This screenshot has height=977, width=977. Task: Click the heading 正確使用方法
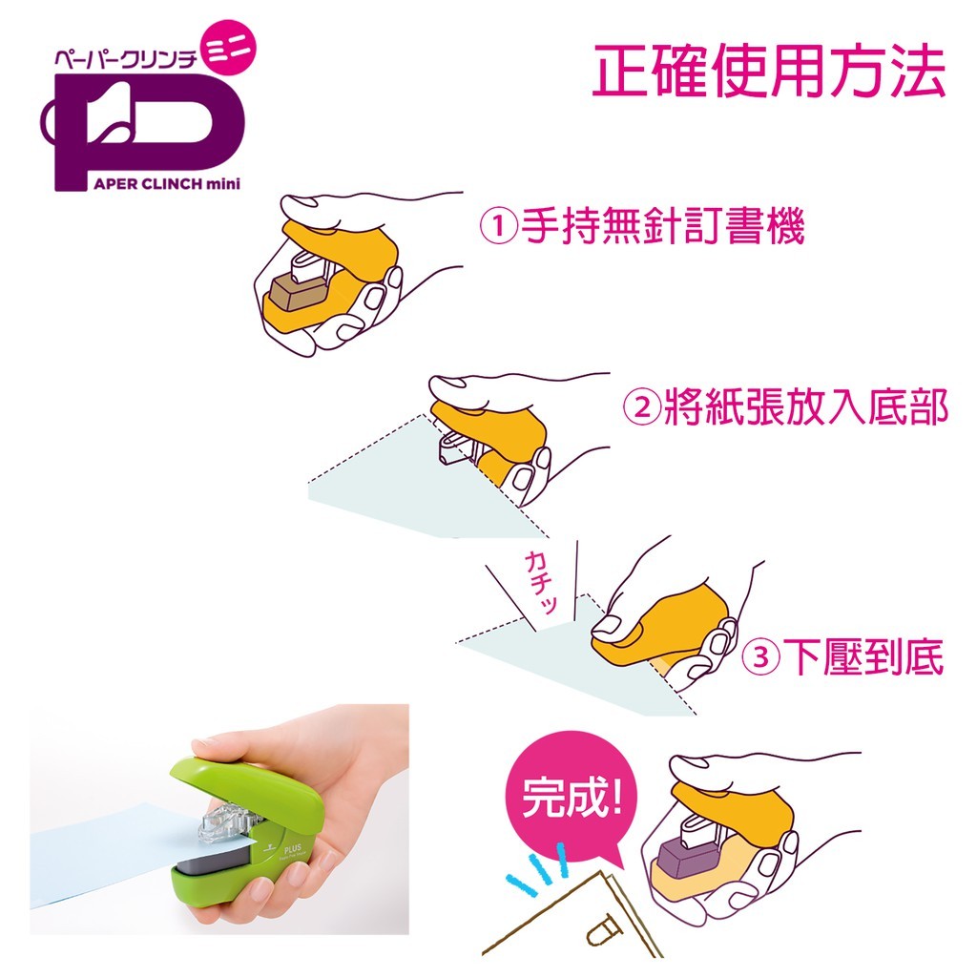(x=769, y=71)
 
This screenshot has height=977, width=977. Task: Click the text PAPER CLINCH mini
(x=167, y=184)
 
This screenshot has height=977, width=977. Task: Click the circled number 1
(x=498, y=226)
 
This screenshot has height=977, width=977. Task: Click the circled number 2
(x=642, y=407)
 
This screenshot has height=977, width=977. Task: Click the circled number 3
(x=760, y=657)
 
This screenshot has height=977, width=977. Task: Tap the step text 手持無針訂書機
(x=664, y=226)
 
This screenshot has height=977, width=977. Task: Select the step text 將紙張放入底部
(x=806, y=407)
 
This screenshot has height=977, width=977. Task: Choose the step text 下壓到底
(x=863, y=657)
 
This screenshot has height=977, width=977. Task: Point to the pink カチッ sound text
(x=541, y=582)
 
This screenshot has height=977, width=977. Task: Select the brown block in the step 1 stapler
(x=298, y=292)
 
